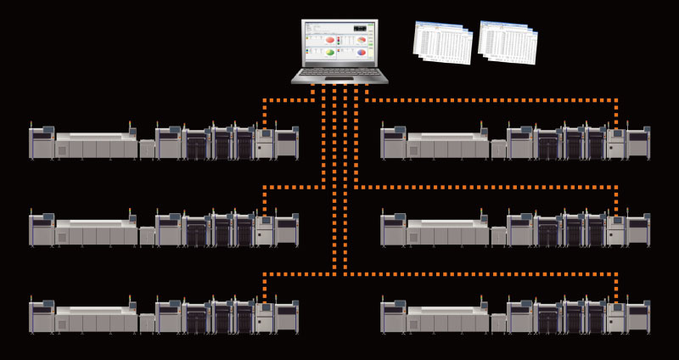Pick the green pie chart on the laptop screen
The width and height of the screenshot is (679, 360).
tap(329, 53)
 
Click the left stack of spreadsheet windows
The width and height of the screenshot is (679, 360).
tap(442, 42)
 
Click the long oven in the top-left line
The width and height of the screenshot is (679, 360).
tap(96, 145)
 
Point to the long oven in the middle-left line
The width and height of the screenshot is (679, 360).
tap(96, 232)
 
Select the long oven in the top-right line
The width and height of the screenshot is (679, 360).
tap(448, 145)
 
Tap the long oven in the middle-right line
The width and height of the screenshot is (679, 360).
tap(448, 232)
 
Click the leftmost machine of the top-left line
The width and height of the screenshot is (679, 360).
tap(42, 143)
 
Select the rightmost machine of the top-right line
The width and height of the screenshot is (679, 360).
tap(639, 143)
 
